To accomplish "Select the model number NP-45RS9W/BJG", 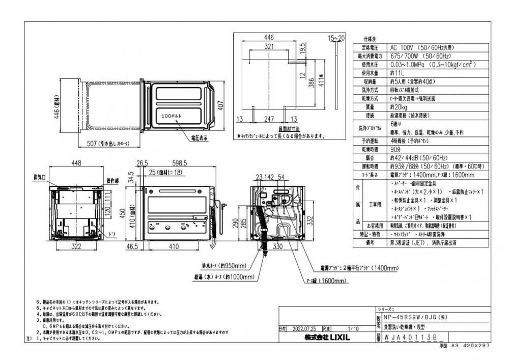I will (x=413, y=317).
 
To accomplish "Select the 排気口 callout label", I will (x=40, y=178).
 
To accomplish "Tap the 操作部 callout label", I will (x=113, y=181).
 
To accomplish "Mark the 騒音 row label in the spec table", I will (x=370, y=157).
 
